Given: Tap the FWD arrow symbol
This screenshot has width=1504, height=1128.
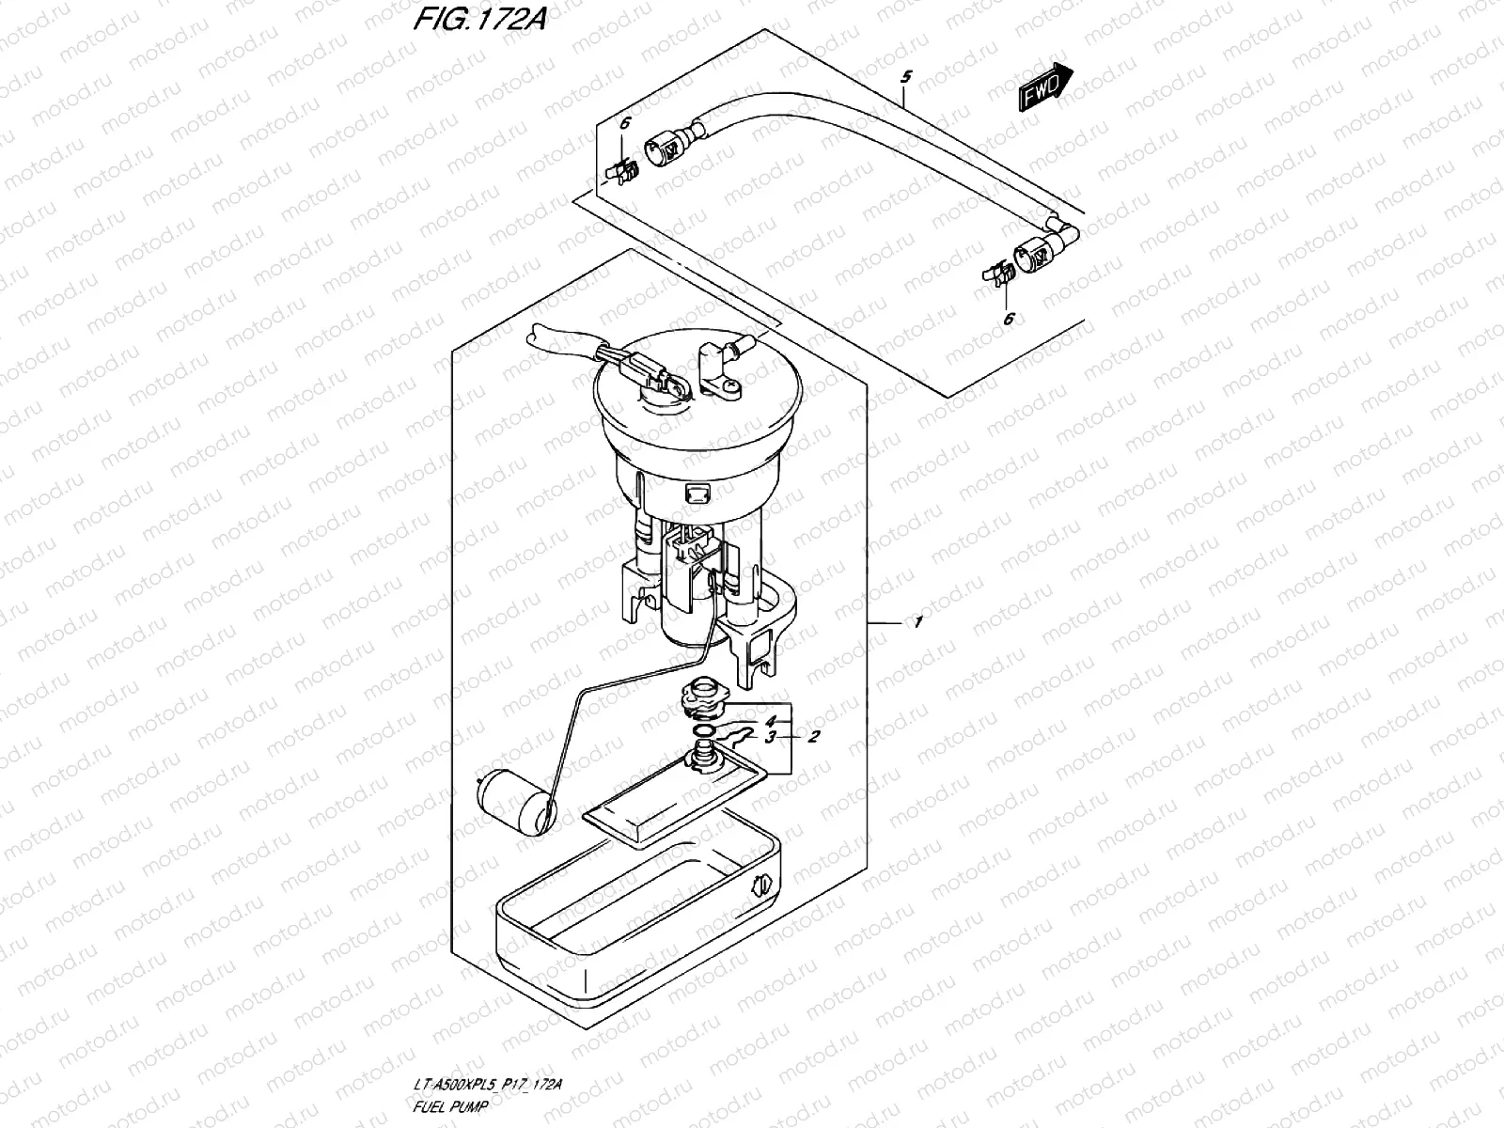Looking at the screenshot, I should (x=1044, y=84).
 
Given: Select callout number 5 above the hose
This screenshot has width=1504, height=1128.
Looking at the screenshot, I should (x=904, y=76).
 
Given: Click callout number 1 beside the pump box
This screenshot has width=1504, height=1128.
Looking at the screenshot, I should (x=917, y=622).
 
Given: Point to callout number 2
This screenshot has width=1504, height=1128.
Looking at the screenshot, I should (x=815, y=736).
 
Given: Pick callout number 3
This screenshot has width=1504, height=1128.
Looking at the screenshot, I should (x=770, y=738).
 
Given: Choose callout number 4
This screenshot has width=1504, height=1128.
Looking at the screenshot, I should (x=770, y=721).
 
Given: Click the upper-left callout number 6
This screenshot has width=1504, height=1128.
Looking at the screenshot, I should (x=623, y=122).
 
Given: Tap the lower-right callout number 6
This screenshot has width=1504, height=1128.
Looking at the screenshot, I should (x=1009, y=320).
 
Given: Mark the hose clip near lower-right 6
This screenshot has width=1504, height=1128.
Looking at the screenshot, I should (x=995, y=275).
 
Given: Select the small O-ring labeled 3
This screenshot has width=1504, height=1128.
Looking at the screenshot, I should (x=702, y=732).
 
